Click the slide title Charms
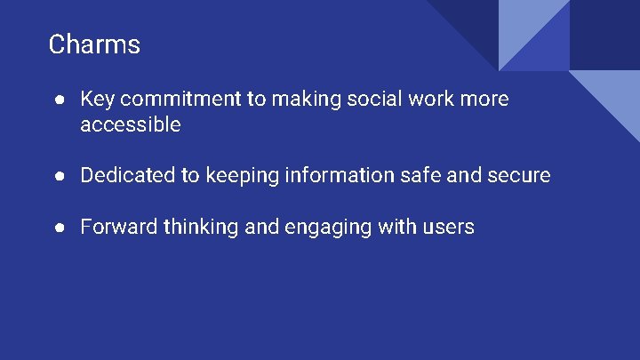(x=94, y=44)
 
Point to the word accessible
(x=130, y=124)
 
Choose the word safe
(x=420, y=175)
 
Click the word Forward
(x=115, y=227)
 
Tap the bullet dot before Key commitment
(x=58, y=100)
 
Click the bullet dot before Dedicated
(x=58, y=176)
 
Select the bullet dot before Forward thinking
(x=58, y=228)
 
